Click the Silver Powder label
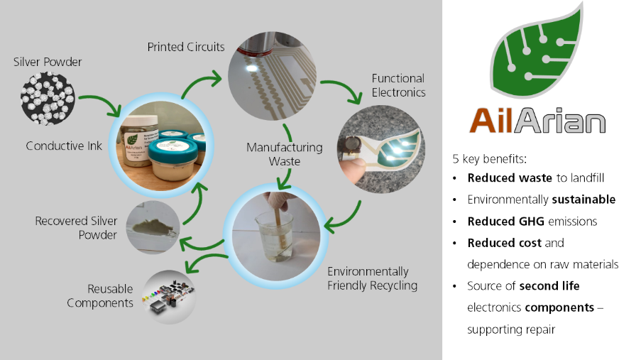point(48,62)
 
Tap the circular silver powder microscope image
point(48,99)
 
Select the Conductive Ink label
point(64,146)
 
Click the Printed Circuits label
point(186,47)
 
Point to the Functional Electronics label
point(398,85)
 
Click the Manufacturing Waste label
point(285,154)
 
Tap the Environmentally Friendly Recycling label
point(373,278)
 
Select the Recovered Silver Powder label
point(77,228)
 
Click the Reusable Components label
point(100,296)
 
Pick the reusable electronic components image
point(169,297)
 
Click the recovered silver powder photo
point(153,227)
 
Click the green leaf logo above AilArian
point(537,50)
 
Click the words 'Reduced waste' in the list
point(510,178)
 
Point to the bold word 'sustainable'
point(584,200)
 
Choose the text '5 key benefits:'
point(489,159)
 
